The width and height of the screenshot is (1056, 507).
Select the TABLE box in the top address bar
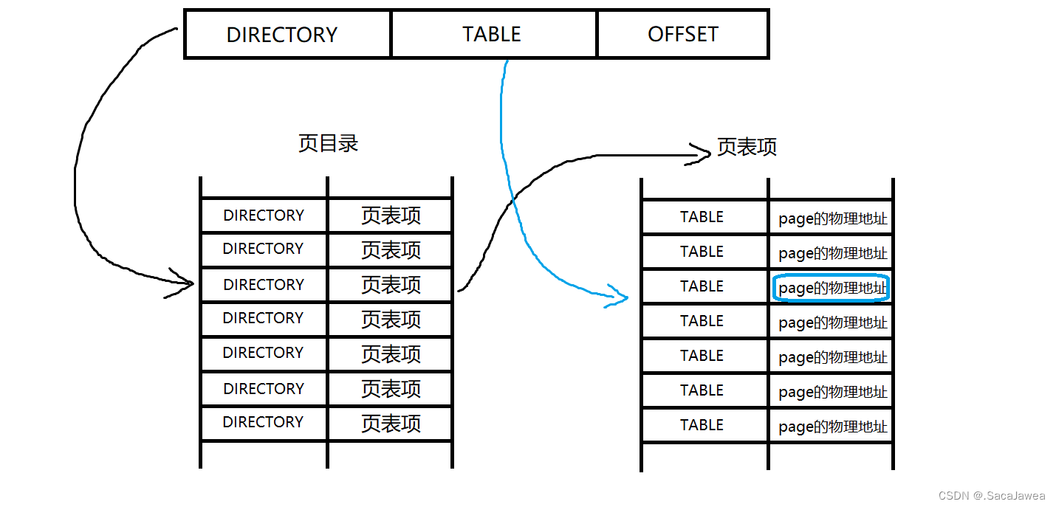pyautogui.click(x=493, y=34)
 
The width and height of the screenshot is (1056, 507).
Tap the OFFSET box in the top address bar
pyautogui.click(x=682, y=34)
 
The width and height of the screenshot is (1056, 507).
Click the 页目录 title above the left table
pyautogui.click(x=328, y=143)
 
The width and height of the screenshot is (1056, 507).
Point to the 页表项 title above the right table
pyautogui.click(x=747, y=148)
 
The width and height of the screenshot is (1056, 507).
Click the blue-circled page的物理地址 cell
pyautogui.click(x=832, y=288)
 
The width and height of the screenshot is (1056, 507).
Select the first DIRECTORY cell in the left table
pyautogui.click(x=264, y=215)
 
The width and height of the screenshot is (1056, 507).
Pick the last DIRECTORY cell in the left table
pyautogui.click(x=264, y=422)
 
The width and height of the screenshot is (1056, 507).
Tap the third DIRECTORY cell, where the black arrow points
pyautogui.click(x=264, y=285)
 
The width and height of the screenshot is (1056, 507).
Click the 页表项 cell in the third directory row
pyautogui.click(x=391, y=285)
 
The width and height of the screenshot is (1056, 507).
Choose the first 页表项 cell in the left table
pyautogui.click(x=391, y=215)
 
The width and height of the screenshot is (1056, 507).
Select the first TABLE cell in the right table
pyautogui.click(x=702, y=217)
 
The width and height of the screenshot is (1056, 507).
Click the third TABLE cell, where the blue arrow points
pyautogui.click(x=702, y=286)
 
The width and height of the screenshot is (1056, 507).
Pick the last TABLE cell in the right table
pyautogui.click(x=702, y=425)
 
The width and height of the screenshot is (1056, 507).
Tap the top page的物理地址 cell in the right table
pyautogui.click(x=832, y=218)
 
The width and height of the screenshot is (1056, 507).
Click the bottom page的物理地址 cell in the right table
pyautogui.click(x=832, y=427)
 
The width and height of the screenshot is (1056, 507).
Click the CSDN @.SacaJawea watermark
pyautogui.click(x=992, y=496)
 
